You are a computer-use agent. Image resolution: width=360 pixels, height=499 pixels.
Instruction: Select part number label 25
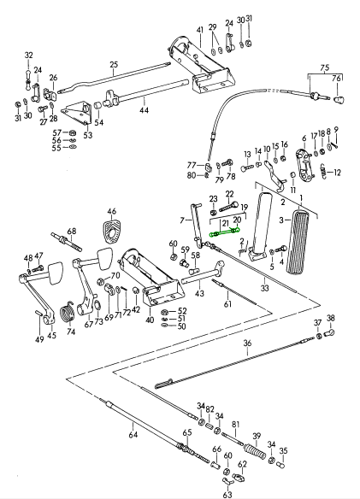click(x=114, y=65)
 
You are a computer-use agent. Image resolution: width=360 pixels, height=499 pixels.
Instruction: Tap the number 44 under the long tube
click(x=144, y=110)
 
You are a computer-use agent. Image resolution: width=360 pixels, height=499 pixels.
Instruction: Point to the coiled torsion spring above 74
click(x=68, y=312)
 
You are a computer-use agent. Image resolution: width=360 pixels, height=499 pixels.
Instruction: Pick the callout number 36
click(x=247, y=343)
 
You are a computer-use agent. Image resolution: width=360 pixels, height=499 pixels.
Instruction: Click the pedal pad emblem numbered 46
click(x=111, y=228)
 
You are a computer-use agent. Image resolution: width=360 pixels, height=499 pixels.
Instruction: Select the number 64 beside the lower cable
click(x=133, y=434)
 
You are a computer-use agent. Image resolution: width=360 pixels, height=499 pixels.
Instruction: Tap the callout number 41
click(x=200, y=30)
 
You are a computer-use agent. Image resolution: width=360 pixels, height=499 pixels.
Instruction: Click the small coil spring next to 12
click(x=322, y=172)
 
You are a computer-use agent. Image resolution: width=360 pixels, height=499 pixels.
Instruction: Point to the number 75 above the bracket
click(x=325, y=68)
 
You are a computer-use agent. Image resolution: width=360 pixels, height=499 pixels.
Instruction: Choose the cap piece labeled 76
click(x=339, y=100)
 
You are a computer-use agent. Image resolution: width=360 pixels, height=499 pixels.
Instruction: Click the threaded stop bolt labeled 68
click(x=66, y=242)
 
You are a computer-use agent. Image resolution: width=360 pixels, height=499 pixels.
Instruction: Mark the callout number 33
click(x=265, y=288)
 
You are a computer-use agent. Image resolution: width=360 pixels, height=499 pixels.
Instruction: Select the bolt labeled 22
click(x=228, y=207)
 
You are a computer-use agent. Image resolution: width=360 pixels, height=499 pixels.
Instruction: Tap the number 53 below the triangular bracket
click(x=88, y=135)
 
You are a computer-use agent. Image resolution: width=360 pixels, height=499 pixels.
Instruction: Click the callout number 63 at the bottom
click(x=227, y=494)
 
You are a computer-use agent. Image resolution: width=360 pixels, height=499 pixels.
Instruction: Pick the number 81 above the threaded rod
click(x=235, y=425)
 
